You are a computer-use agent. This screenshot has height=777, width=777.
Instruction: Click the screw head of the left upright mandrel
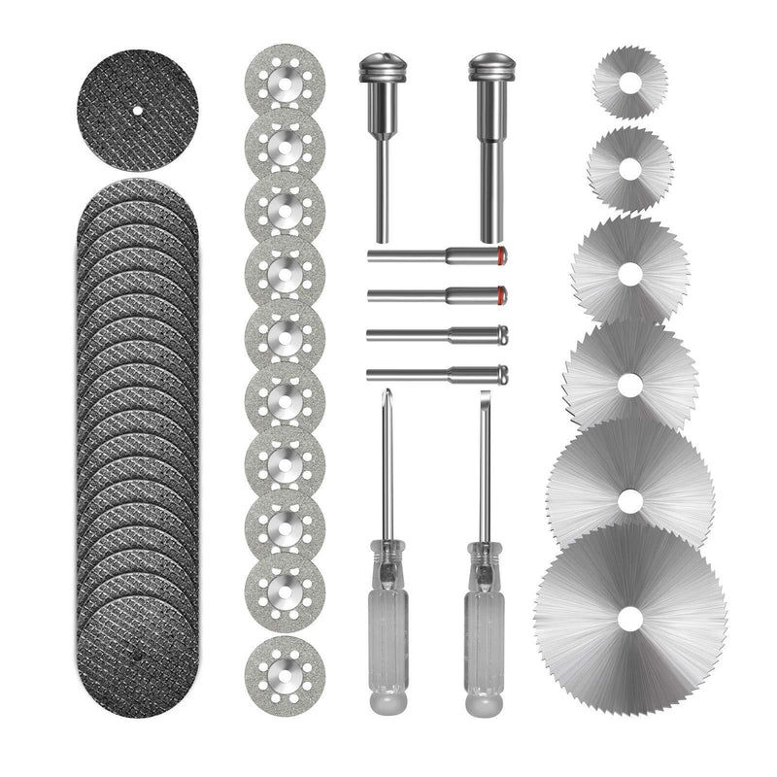click(381, 70)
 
